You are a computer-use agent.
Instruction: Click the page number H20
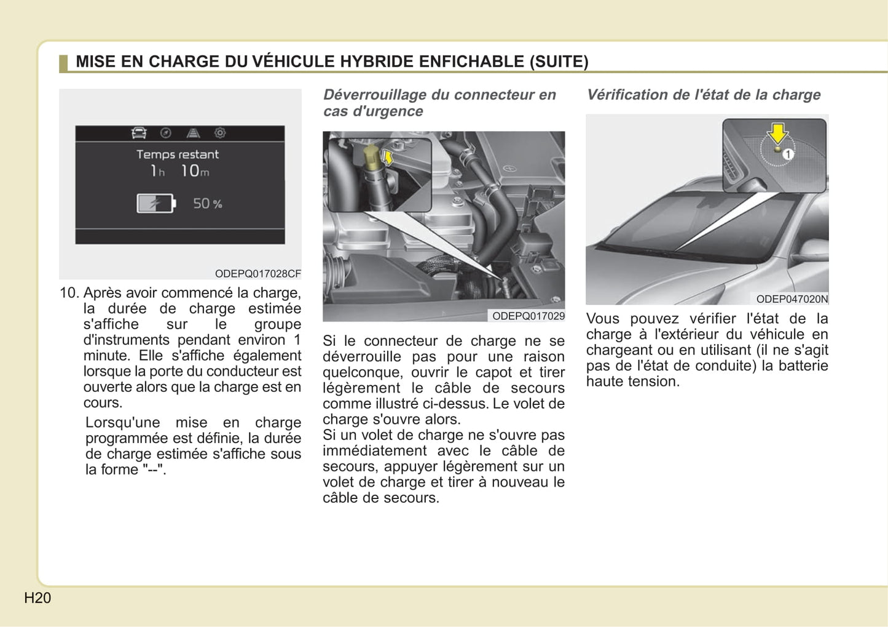click(37, 597)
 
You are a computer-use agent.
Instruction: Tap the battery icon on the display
click(155, 203)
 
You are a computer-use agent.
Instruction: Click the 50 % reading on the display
click(207, 203)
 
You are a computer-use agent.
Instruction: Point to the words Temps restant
click(177, 154)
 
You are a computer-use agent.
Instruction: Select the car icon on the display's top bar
click(139, 133)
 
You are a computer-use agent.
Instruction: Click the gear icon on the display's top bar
click(220, 133)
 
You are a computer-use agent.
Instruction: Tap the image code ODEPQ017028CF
click(257, 273)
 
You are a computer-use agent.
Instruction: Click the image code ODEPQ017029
click(528, 316)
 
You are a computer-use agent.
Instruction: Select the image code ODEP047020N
click(792, 299)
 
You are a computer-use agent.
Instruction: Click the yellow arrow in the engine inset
click(387, 157)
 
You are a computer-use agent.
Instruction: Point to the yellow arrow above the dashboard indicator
click(778, 133)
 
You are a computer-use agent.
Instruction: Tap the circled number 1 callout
click(788, 154)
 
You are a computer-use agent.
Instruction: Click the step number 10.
click(69, 293)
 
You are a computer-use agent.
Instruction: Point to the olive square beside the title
click(63, 63)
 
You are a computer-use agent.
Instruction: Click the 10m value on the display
click(195, 171)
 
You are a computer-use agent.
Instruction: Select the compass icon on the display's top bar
click(166, 133)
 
